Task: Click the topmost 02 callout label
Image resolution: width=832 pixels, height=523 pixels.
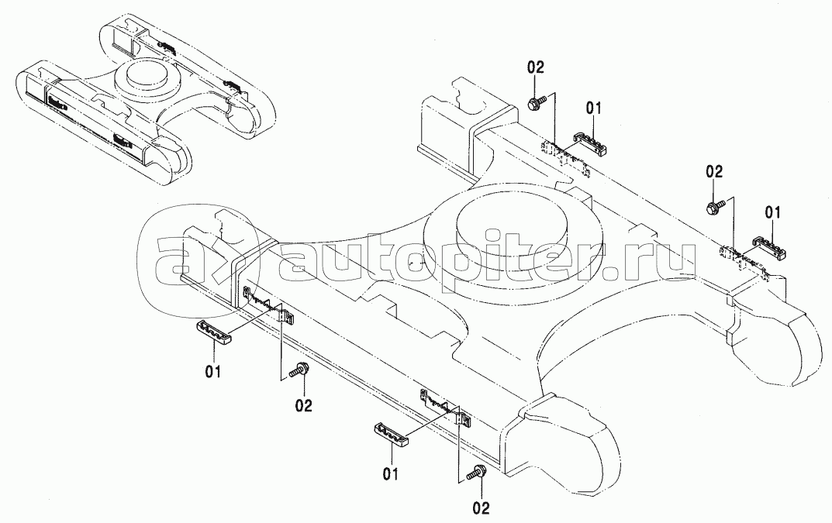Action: (x=535, y=67)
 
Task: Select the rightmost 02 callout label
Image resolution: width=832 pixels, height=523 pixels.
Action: (x=714, y=172)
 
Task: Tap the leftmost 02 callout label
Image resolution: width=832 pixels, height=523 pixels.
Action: (x=303, y=406)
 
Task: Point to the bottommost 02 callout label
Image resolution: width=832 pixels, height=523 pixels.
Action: (x=481, y=508)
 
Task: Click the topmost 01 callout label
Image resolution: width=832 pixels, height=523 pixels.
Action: (x=594, y=108)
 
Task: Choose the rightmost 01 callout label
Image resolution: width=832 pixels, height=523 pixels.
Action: (x=772, y=213)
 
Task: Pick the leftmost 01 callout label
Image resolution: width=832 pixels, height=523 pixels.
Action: (x=214, y=372)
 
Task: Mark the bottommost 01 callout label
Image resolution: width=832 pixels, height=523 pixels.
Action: (x=391, y=473)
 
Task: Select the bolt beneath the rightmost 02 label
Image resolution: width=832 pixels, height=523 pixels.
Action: (x=716, y=206)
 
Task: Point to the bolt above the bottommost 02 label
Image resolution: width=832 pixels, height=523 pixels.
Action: (x=477, y=472)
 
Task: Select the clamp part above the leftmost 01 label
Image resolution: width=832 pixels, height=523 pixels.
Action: (x=216, y=332)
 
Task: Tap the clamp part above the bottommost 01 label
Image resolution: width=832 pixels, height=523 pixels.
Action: (x=393, y=433)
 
